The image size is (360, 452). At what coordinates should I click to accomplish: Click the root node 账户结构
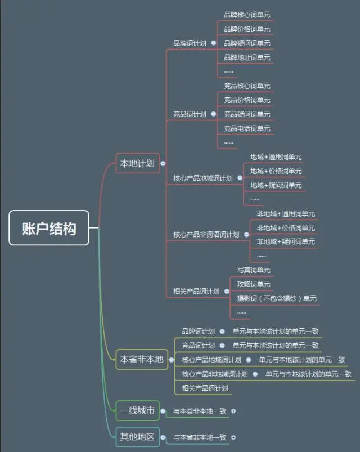coord(49,228)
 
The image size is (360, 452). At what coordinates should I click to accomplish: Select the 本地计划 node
coord(138,163)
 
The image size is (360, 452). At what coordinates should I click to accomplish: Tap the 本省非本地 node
coord(142,359)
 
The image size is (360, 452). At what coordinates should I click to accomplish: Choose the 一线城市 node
coord(137,410)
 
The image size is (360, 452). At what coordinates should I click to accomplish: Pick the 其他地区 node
coord(137,436)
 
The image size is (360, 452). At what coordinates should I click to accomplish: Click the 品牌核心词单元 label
coord(247,15)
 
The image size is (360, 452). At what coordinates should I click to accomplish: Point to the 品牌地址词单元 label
coord(247,57)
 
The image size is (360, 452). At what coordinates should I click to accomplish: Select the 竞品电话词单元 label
coord(247,128)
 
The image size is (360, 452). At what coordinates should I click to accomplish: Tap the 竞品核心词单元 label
coord(247,86)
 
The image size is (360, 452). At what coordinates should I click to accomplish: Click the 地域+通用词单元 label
coord(276,156)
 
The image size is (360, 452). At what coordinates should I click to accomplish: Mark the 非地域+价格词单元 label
coord(286,227)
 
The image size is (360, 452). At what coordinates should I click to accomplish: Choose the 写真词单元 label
coord(254,270)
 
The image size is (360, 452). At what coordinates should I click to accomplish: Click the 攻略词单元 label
coord(254,284)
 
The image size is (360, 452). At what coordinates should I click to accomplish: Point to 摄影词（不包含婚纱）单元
coord(277,298)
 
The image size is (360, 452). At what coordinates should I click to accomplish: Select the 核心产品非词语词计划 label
coord(206,235)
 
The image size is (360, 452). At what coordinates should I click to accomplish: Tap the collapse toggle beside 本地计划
coord(163,164)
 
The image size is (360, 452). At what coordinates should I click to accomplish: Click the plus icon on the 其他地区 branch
coord(233,437)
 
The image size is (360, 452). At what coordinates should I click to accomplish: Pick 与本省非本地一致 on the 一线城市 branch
coord(200,411)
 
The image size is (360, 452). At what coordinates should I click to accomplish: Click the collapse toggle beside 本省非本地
coord(171,360)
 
